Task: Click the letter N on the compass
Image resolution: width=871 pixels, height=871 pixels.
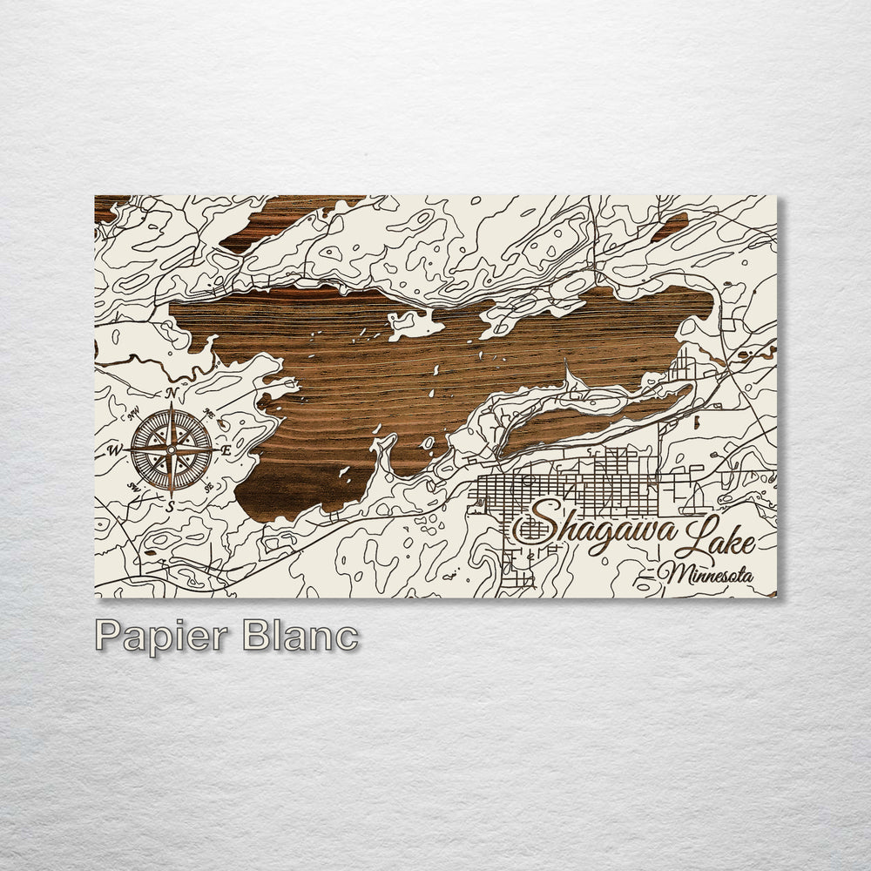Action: tap(172, 393)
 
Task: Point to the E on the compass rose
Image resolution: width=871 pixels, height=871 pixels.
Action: tap(226, 450)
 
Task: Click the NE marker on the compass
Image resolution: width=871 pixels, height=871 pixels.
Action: tap(207, 413)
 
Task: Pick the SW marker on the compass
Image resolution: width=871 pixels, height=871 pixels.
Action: tap(135, 487)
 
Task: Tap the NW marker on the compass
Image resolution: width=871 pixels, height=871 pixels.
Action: tap(135, 414)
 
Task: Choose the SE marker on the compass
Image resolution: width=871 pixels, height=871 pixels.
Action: tap(207, 487)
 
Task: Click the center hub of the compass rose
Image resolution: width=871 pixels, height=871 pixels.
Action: tap(172, 449)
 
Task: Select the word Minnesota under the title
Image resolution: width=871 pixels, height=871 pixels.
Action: tap(706, 574)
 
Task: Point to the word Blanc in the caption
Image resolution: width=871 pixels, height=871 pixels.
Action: tap(300, 636)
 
